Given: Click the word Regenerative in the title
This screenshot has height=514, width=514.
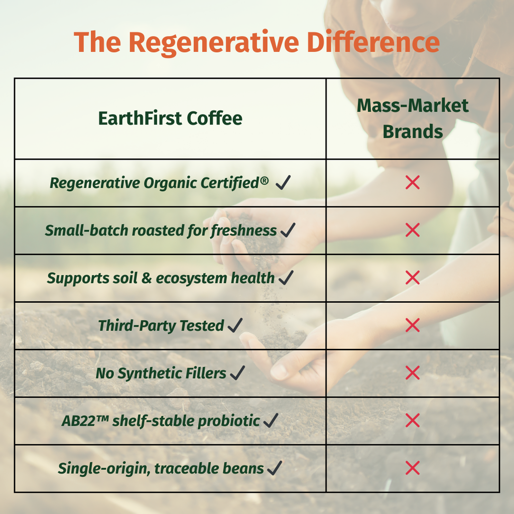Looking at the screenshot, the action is (x=214, y=43).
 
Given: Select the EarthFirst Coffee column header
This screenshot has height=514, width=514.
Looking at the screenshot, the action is (x=170, y=118).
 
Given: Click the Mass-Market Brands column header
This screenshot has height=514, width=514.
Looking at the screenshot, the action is (x=413, y=118).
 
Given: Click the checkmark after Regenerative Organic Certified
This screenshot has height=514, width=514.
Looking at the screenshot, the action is (x=283, y=182).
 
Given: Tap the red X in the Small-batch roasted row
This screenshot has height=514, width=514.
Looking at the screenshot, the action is (x=413, y=230).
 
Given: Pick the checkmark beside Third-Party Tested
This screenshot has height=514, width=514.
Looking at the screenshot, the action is (x=235, y=325).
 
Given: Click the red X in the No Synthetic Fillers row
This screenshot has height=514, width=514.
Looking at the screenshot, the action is (x=413, y=373).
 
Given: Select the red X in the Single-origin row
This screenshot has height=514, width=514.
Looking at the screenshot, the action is (x=413, y=468).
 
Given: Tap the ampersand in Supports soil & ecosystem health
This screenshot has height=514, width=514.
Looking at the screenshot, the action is (x=147, y=278).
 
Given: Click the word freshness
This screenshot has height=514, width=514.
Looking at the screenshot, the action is (x=243, y=230).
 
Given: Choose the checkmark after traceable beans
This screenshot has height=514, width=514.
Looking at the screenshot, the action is (x=275, y=468).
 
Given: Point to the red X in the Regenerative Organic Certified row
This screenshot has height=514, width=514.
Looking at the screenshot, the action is (x=413, y=182).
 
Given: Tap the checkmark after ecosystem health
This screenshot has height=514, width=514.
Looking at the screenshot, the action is (x=286, y=278).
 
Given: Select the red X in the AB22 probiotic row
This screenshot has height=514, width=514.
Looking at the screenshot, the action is (x=413, y=420).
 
